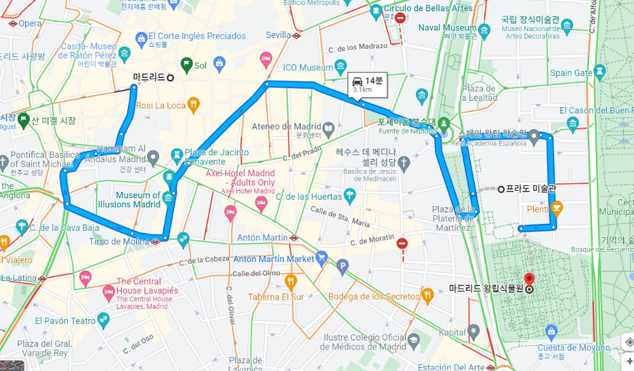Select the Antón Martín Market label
click(x=274, y=259)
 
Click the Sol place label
click(x=200, y=65)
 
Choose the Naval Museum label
click(x=447, y=28)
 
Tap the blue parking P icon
click(x=343, y=267)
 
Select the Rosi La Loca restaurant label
click(x=160, y=105)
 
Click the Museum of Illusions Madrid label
click(x=129, y=200)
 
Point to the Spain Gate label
click(x=570, y=73)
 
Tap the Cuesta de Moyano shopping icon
click(x=552, y=331)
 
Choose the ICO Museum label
click(x=307, y=67)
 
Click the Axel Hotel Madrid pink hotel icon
click(x=261, y=204)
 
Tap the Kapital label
click(x=453, y=332)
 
